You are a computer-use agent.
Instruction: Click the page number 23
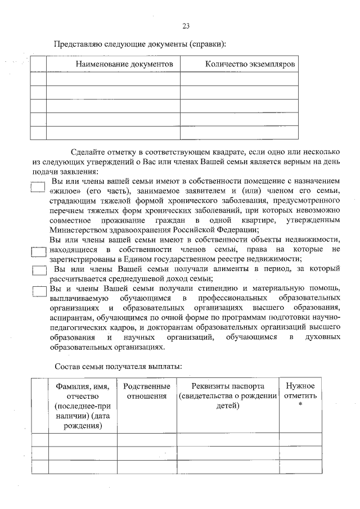point(186,26)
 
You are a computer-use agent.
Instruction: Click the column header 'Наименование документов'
point(124,65)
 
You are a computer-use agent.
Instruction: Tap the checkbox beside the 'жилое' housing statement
point(38,187)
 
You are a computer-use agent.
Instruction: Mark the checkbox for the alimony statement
point(39,271)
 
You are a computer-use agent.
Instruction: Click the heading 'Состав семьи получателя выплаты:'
point(118,367)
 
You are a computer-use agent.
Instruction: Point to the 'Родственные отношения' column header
point(146,391)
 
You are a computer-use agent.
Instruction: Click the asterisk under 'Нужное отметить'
point(300,406)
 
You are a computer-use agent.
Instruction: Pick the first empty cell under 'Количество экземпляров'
point(239,78)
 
